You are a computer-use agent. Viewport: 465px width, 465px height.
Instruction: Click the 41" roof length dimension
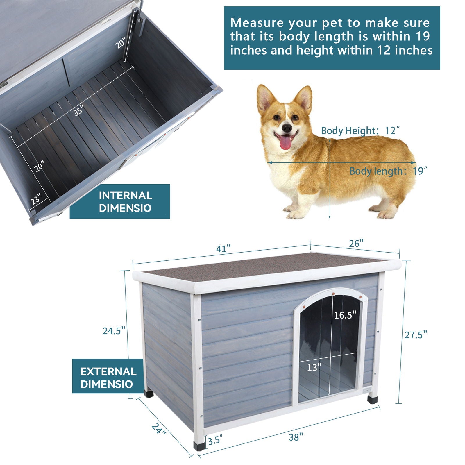tap(223, 249)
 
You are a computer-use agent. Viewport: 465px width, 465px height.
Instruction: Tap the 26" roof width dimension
tap(356, 243)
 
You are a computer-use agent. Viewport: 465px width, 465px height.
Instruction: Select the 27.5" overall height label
tap(416, 335)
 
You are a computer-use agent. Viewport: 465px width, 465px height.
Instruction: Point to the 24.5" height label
tap(114, 331)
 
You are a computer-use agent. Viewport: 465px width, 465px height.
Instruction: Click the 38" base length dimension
tap(296, 437)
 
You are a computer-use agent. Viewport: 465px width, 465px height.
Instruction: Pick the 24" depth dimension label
tap(159, 428)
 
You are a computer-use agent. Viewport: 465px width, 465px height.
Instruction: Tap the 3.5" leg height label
tap(215, 441)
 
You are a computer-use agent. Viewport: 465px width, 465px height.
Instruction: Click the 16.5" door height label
tap(345, 315)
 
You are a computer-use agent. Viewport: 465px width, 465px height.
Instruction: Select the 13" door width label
tap(314, 367)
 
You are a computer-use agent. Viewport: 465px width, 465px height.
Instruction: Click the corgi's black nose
tap(287, 128)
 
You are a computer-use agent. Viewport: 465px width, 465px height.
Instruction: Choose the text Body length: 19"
tap(388, 171)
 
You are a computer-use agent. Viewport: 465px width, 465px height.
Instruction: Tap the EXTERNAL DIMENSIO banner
tap(108, 378)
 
